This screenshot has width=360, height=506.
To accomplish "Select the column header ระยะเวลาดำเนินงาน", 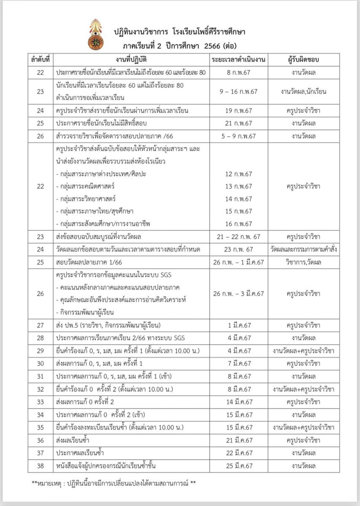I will [239, 59].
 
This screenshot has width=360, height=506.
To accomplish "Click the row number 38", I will [40, 466].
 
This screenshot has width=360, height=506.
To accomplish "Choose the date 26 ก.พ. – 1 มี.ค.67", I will [239, 262].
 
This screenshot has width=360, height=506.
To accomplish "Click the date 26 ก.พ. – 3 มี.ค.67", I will [239, 293].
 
